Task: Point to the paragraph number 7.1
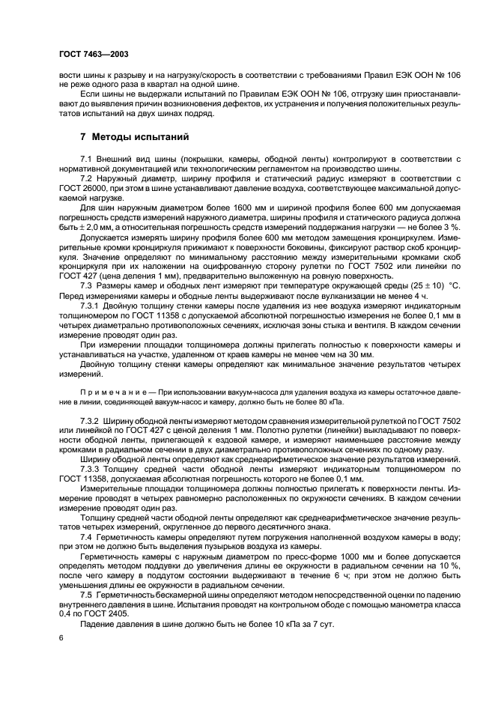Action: point(86,160)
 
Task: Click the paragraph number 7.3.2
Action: point(91,423)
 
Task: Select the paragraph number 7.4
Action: point(86,538)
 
